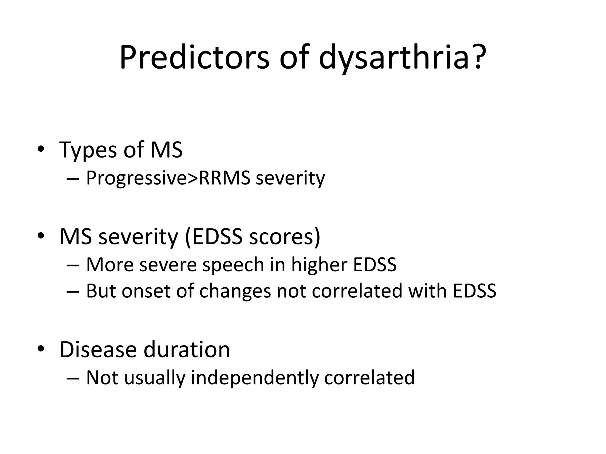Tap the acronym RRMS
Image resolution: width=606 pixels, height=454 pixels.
point(225,179)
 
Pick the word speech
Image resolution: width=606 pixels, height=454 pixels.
point(233,265)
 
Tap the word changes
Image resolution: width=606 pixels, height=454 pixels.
point(235,291)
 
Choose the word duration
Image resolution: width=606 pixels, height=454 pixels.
point(187,350)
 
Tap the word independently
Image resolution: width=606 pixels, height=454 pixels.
point(255,378)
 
